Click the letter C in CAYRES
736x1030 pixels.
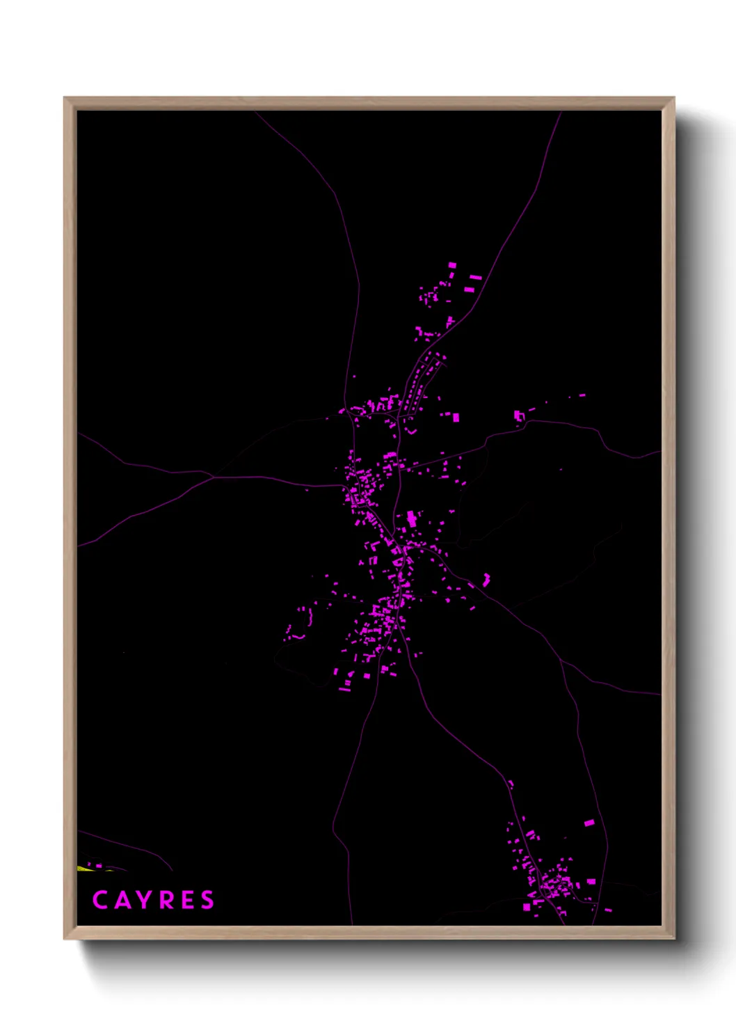[99, 900]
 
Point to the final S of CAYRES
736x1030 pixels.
[207, 900]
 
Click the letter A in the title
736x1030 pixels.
[120, 900]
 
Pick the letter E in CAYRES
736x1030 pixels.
[187, 900]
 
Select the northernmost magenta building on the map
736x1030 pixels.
[452, 265]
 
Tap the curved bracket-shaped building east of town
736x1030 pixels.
[486, 579]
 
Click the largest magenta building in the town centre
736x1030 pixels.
[412, 518]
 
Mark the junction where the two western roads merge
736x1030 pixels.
[214, 477]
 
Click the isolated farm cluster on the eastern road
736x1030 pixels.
[518, 415]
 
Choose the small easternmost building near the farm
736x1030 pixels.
[582, 395]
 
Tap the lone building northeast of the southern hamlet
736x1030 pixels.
[589, 823]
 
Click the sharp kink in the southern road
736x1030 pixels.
[335, 828]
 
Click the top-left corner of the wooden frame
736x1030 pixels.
[65, 98]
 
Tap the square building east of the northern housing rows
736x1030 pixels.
[456, 418]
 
